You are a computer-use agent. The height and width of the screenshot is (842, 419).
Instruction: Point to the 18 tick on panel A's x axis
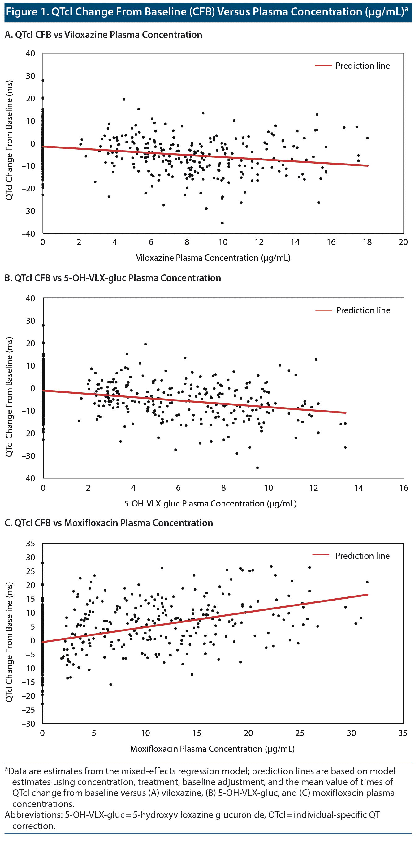click(x=367, y=242)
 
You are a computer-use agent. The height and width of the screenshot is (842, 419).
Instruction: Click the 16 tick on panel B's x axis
click(x=404, y=488)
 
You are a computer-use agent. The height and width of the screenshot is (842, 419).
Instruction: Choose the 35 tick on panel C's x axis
click(x=403, y=733)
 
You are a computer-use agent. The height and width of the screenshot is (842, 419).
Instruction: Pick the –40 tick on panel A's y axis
click(x=28, y=234)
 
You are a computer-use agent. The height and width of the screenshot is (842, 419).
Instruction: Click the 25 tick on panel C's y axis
click(x=30, y=571)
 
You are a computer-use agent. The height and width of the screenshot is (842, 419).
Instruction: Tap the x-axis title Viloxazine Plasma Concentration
click(x=213, y=258)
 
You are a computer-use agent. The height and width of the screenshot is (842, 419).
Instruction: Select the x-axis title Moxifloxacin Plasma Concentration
click(x=212, y=749)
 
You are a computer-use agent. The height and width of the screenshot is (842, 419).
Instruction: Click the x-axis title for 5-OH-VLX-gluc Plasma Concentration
click(x=210, y=504)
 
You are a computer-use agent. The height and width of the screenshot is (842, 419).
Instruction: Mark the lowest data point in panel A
click(x=222, y=223)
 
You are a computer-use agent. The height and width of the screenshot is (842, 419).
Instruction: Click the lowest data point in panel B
click(x=257, y=468)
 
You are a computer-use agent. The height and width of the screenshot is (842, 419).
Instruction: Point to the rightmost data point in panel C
click(x=367, y=582)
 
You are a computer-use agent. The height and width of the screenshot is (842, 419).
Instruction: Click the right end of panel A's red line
click(x=368, y=166)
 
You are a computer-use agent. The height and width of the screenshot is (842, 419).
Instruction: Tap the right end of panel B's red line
click(x=345, y=413)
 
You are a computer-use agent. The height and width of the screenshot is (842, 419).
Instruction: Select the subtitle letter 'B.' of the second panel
click(x=8, y=278)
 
